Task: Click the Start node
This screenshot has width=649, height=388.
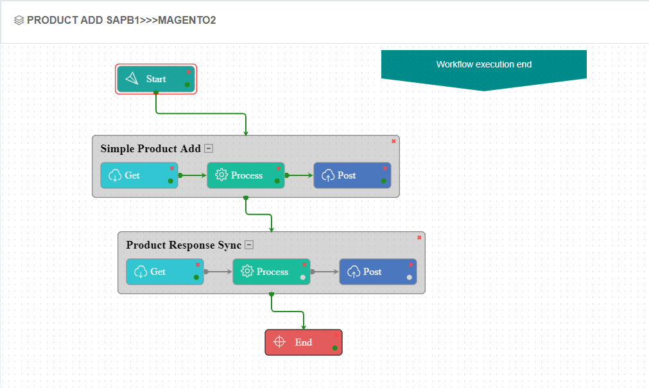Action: (x=156, y=79)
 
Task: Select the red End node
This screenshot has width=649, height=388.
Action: (x=303, y=342)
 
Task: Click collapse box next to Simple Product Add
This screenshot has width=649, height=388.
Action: (x=209, y=148)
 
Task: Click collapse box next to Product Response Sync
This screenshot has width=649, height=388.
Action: (x=249, y=245)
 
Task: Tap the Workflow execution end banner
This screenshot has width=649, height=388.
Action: (x=484, y=65)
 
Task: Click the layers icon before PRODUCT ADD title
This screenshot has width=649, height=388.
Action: (x=19, y=21)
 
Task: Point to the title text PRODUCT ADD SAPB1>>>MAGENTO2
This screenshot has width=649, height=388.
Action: (x=121, y=21)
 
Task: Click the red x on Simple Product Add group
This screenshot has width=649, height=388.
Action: (x=394, y=141)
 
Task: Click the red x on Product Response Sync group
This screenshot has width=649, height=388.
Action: (x=419, y=237)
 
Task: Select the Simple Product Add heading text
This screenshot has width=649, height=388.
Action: (x=150, y=149)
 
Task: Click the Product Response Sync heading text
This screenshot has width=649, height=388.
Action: (x=184, y=245)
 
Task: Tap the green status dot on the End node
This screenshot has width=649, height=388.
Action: (x=334, y=348)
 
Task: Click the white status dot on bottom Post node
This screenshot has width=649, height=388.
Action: (x=409, y=278)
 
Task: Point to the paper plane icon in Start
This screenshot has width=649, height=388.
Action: (x=132, y=79)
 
